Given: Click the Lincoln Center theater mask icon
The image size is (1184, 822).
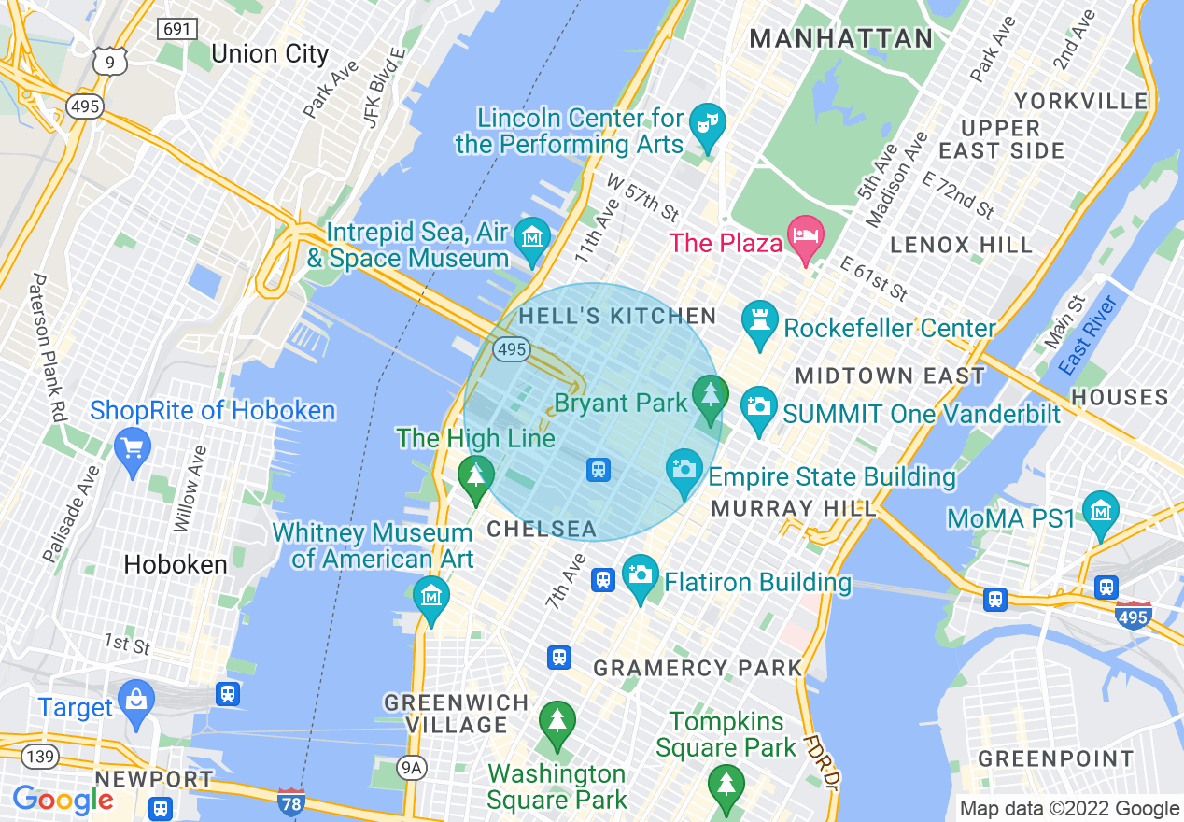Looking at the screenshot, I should click(x=707, y=122).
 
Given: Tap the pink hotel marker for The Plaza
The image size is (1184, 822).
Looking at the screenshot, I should click(x=805, y=234).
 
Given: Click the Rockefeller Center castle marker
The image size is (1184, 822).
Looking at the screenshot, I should click(x=758, y=319).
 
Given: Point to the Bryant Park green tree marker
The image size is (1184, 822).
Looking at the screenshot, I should click(x=711, y=393).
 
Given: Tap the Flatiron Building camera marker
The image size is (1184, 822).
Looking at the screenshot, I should click(x=641, y=573).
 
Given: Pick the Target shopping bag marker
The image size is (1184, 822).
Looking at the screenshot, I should click(x=136, y=698).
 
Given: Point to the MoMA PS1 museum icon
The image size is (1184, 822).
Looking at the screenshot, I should click(x=1102, y=510).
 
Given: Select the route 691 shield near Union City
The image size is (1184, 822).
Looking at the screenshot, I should click(x=176, y=29).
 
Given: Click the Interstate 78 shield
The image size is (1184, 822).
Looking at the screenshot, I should click(x=291, y=801).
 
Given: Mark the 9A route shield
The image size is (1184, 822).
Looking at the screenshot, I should click(x=412, y=768).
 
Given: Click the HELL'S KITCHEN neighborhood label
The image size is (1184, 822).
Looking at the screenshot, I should click(x=617, y=317).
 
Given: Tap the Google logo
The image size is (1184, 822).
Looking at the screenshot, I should click(x=63, y=800).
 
